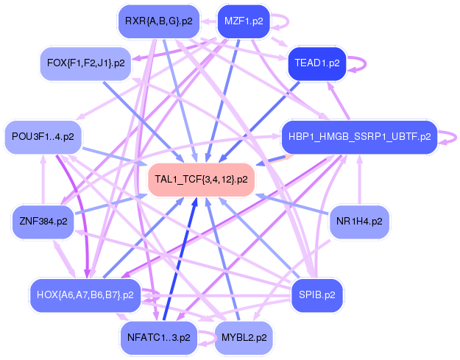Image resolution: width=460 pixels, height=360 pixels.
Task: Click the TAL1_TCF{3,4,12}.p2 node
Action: [x=201, y=180]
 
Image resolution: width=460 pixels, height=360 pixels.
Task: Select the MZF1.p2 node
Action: [x=243, y=21]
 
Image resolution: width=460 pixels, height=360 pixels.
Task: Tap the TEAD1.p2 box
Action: [x=316, y=63]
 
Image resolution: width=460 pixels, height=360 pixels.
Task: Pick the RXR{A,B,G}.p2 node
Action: [x=158, y=21]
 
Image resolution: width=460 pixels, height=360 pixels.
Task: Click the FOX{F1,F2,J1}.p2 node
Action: [x=85, y=63]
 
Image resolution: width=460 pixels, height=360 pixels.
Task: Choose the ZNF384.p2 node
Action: [x=43, y=221]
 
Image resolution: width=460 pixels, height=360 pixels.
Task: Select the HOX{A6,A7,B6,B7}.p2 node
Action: [x=85, y=295]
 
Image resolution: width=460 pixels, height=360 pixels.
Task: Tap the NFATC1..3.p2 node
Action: [x=158, y=338]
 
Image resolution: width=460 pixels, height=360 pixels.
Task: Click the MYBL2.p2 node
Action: [x=243, y=338]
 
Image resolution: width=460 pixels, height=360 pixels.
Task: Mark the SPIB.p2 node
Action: [x=316, y=295]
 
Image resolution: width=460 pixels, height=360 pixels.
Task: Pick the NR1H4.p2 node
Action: [x=358, y=221]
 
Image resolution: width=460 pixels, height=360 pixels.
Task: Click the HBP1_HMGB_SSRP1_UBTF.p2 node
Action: [x=358, y=137]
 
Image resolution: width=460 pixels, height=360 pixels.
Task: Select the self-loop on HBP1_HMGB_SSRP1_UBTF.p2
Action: [x=446, y=137]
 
